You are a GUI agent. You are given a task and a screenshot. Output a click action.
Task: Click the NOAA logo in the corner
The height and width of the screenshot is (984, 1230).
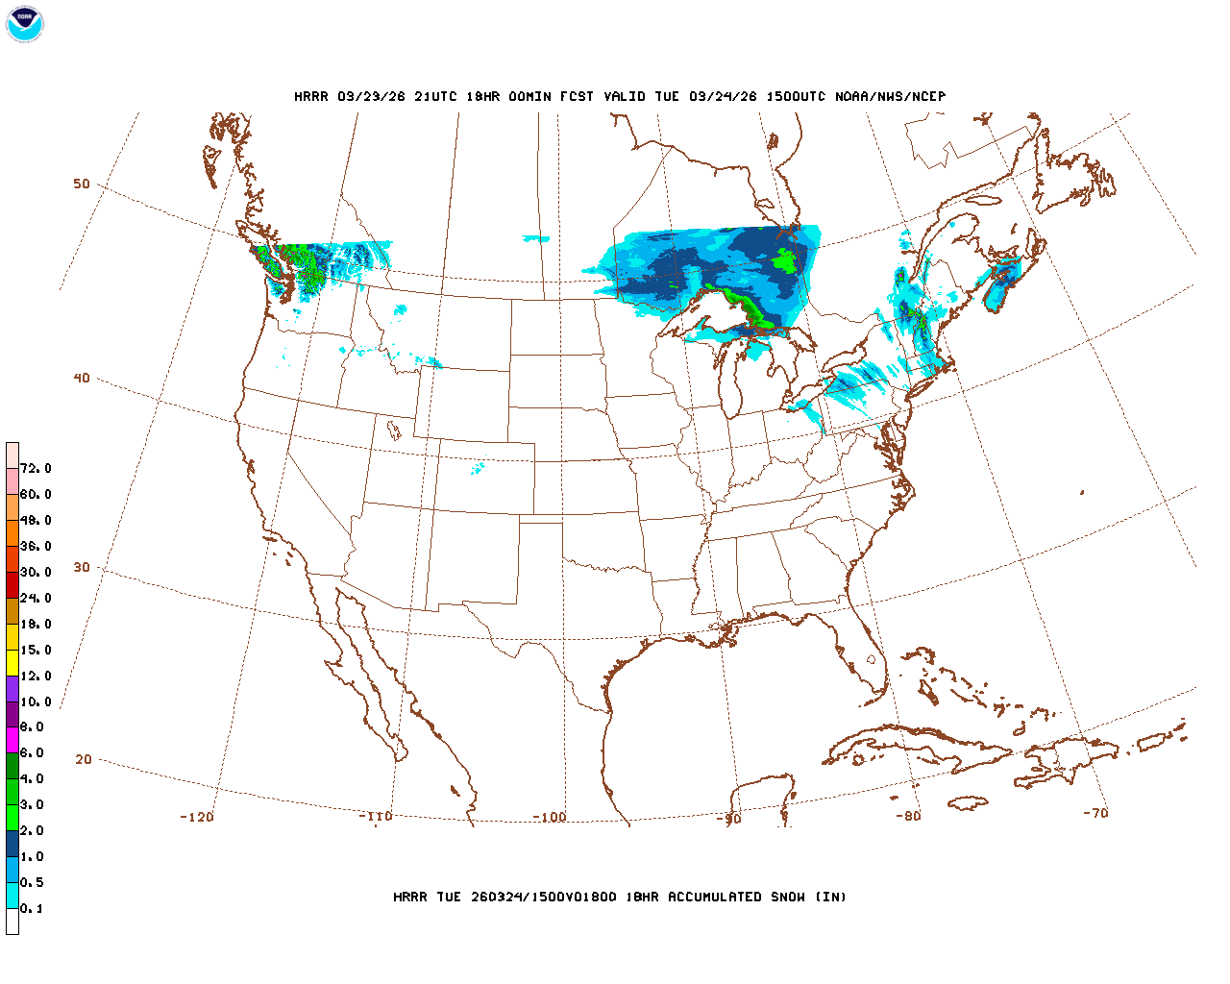pyautogui.click(x=24, y=24)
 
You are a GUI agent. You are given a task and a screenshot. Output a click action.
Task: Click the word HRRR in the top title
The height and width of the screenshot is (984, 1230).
pyautogui.click(x=311, y=96)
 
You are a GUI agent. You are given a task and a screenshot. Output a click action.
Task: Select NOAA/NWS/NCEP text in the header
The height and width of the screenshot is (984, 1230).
pyautogui.click(x=891, y=96)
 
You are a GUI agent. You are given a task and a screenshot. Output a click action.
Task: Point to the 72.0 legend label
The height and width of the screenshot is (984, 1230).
pyautogui.click(x=36, y=469)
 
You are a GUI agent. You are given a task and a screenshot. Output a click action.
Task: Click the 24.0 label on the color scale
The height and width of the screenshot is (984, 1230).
pyautogui.click(x=36, y=598)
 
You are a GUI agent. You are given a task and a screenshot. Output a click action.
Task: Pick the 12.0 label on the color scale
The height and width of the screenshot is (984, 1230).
pyautogui.click(x=36, y=676)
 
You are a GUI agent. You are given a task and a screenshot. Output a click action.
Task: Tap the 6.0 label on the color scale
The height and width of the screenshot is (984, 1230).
pyautogui.click(x=32, y=753)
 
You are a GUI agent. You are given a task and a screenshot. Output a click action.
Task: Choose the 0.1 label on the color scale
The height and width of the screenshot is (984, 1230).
pyautogui.click(x=32, y=908)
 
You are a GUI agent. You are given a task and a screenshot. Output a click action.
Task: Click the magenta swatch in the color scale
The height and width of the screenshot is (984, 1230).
pyautogui.click(x=12, y=740)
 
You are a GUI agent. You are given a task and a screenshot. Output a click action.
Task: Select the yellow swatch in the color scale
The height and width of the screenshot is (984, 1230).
pyautogui.click(x=12, y=662)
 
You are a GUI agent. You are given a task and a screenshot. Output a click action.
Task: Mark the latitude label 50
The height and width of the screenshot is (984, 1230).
pyautogui.click(x=82, y=184)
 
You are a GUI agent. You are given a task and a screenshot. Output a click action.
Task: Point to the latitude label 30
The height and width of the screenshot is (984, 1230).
pyautogui.click(x=82, y=567)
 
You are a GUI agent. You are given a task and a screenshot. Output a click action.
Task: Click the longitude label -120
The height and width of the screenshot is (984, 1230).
pyautogui.click(x=196, y=817)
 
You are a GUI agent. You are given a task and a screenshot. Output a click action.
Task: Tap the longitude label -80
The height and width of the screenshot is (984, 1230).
pyautogui.click(x=908, y=816)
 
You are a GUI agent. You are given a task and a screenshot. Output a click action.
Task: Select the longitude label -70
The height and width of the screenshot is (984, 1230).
pyautogui.click(x=1095, y=813)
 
